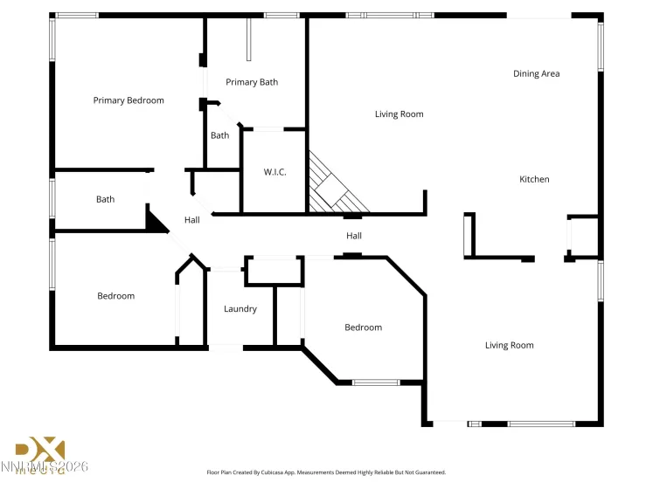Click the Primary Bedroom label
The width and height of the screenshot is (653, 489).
pos(129,100)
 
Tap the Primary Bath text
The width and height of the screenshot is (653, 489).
pos(252,82)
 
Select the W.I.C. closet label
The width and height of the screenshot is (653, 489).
pos(274,172)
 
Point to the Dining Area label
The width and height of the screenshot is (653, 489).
pos(536,73)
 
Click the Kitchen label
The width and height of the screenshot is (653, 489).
pos(534,179)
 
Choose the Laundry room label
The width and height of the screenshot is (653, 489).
pos(240,308)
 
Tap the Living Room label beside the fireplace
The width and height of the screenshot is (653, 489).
pos(399,114)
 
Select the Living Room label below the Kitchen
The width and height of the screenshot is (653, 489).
pos(509,345)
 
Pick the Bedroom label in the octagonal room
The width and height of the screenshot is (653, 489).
pos(363,327)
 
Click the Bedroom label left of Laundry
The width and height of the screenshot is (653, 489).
pos(115,296)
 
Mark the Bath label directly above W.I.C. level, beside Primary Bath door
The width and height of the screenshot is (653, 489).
pos(219,135)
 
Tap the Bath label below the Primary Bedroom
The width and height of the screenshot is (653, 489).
pos(105,199)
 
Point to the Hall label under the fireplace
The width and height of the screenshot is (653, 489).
pos(353,236)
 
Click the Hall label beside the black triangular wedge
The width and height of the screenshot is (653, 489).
pos(192,220)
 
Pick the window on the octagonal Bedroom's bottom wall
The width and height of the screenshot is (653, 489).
pos(375,382)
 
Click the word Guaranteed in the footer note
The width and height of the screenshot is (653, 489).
pos(429,472)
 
